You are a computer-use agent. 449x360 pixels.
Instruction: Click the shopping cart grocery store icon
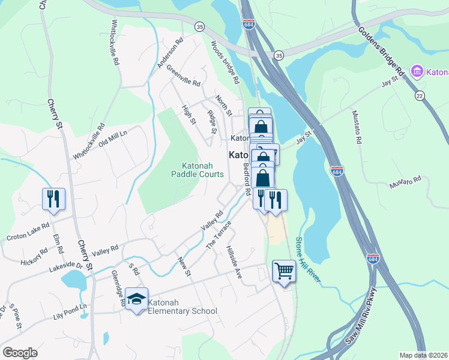point(283,271)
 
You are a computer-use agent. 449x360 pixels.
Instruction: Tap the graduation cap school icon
point(137,300)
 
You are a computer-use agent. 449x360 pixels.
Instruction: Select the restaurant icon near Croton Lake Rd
point(53,199)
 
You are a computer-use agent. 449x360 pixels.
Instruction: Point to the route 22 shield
point(420,96)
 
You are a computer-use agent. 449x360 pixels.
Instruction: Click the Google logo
point(20,353)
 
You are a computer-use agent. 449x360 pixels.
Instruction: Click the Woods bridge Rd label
point(225,62)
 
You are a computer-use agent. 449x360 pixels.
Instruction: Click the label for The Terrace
point(218,235)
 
